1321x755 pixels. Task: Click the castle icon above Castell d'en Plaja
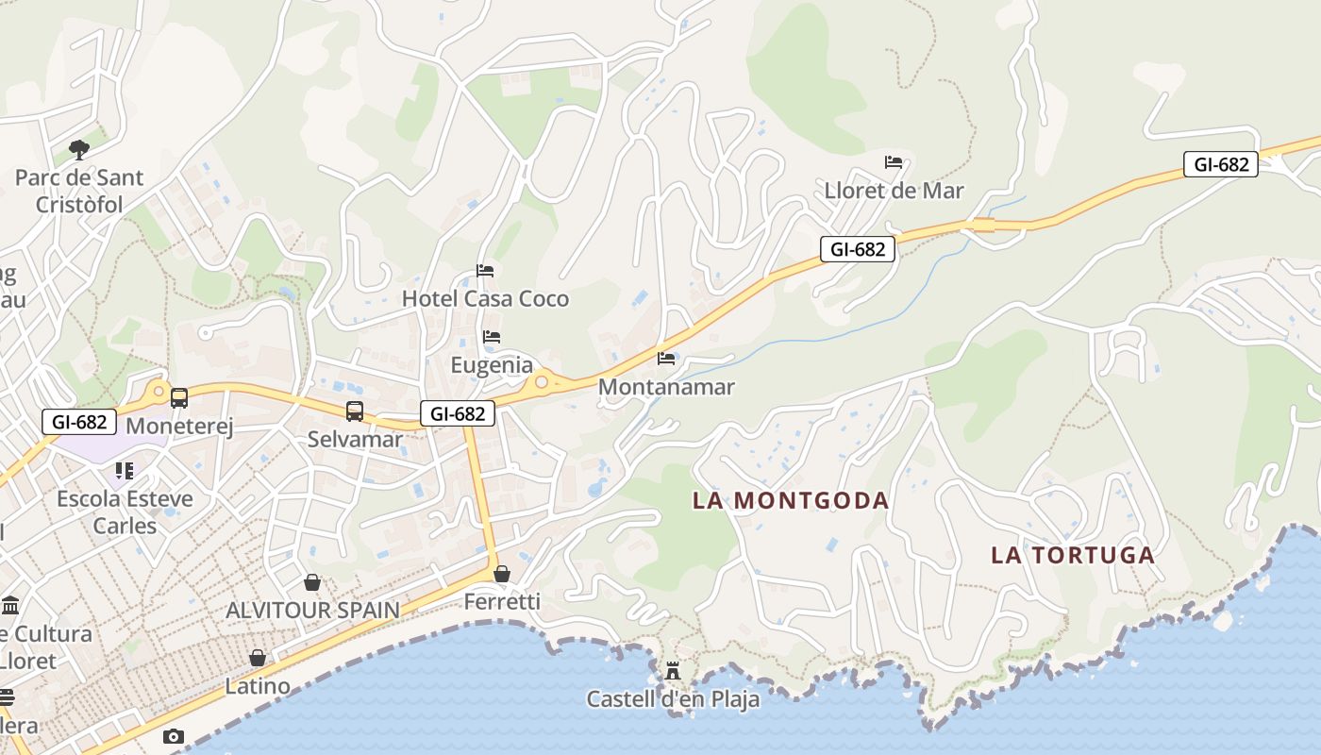[x=673, y=672]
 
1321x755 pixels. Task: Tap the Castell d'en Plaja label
[x=673, y=699]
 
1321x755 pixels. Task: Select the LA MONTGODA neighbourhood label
[x=791, y=500]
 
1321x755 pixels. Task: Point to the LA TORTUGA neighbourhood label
[x=1073, y=555]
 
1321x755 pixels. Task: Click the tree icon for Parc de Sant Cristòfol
[x=79, y=149]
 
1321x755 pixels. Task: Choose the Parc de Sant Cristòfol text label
[x=79, y=191]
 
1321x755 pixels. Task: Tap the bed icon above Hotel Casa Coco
[x=485, y=271]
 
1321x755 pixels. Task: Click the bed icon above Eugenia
[x=491, y=337]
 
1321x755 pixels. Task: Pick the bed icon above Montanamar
[x=666, y=359]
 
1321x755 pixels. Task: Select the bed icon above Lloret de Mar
[x=894, y=162]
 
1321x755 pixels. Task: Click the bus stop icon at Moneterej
[x=178, y=398]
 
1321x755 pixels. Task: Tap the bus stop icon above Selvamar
[x=355, y=411]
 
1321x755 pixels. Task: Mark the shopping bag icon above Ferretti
[x=502, y=574]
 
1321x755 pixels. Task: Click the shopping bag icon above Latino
[x=258, y=658]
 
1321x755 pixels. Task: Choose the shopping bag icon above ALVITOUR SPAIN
[x=312, y=582]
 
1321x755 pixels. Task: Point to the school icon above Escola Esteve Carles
[x=125, y=470]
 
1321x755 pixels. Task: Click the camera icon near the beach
[x=173, y=736]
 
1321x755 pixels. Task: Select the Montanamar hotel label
[x=666, y=387]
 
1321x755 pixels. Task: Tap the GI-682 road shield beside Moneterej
[x=79, y=422]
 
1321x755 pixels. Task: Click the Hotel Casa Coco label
[x=485, y=299]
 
